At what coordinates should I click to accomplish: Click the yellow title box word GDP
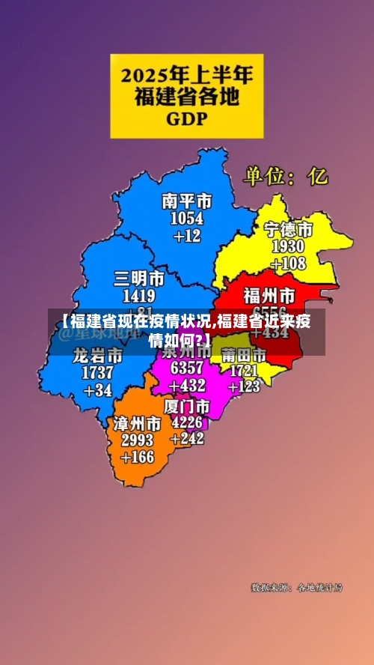[x=187, y=118]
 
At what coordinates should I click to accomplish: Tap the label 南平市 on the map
[x=187, y=201]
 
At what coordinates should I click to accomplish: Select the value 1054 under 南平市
[x=187, y=219]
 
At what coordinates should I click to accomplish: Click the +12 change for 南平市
[x=187, y=236]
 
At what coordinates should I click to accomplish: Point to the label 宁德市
[x=288, y=229]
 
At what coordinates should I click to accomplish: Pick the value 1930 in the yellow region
[x=288, y=246]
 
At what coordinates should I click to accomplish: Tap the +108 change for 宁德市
[x=288, y=264]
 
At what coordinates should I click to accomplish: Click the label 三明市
[x=139, y=279]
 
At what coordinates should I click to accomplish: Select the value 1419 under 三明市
[x=139, y=296]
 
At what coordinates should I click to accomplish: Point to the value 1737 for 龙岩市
[x=98, y=372]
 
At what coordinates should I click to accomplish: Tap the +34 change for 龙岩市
[x=98, y=389]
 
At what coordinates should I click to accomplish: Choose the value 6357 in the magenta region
[x=187, y=368]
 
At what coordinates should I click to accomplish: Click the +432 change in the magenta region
[x=187, y=386]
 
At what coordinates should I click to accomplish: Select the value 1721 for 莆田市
[x=245, y=370]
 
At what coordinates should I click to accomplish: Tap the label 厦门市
[x=187, y=406]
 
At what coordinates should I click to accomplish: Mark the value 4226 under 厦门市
[x=187, y=422]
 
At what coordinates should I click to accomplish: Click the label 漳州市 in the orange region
[x=137, y=423]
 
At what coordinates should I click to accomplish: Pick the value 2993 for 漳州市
[x=137, y=440]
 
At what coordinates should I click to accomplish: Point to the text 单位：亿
[x=285, y=177]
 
